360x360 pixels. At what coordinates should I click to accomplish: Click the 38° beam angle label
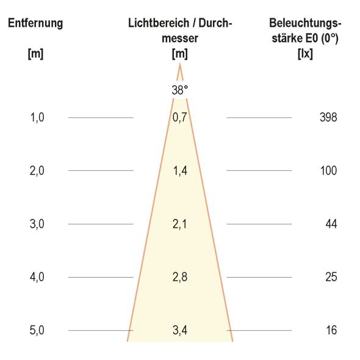(180, 90)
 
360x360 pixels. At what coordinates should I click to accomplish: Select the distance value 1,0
(37, 117)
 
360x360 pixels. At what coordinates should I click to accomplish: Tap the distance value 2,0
(37, 171)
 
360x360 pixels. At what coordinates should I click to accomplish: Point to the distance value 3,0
(37, 224)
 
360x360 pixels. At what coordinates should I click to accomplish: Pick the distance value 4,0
(37, 277)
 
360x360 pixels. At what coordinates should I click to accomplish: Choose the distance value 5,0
(37, 331)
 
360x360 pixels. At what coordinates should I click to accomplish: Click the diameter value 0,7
(179, 117)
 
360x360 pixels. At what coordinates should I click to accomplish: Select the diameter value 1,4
(179, 171)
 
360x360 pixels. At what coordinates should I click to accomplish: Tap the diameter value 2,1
(179, 224)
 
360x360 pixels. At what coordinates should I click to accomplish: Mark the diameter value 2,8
(179, 277)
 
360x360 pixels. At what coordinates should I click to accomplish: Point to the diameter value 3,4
(179, 331)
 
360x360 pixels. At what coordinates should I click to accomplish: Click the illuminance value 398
(328, 117)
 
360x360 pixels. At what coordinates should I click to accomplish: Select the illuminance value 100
(328, 171)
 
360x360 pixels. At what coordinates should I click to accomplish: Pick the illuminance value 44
(331, 224)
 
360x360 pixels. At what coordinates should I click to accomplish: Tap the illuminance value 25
(331, 277)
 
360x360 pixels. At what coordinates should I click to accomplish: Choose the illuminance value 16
(331, 331)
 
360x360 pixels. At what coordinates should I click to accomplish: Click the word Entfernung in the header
(35, 24)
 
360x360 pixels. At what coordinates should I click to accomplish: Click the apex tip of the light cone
(180, 63)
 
